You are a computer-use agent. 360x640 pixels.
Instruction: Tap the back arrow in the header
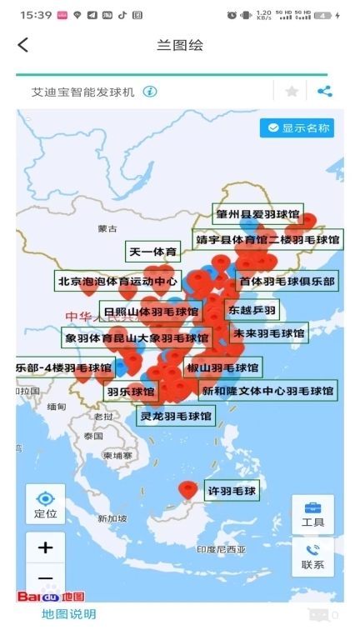coord(23,45)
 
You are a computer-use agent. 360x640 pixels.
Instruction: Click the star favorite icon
coord(292,92)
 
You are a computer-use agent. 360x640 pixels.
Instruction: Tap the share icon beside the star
coord(324,92)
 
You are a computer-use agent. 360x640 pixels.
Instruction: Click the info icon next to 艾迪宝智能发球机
coord(150,92)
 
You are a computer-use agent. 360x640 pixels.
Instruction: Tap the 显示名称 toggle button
coord(297,127)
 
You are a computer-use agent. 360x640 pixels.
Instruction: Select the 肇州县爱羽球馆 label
coord(258,213)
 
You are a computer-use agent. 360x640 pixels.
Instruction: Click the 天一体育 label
coord(152,252)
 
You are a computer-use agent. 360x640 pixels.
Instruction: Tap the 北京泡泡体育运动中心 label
coord(117,282)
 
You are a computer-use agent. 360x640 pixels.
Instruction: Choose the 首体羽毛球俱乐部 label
coord(287,282)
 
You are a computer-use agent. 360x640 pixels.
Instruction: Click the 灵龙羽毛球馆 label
coord(176,415)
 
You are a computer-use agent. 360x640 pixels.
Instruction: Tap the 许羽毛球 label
coord(232,492)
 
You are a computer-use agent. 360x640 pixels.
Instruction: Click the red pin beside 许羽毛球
coord(188,489)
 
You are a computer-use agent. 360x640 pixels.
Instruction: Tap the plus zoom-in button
coord(45,547)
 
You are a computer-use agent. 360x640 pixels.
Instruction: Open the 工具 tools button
coord(312,514)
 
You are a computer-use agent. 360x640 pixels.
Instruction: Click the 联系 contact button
coord(312,557)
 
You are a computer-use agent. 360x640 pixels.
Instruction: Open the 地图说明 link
coord(69,614)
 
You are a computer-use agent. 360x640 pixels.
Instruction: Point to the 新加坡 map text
coord(112,518)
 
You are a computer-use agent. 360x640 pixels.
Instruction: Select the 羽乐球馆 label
coord(131,391)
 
